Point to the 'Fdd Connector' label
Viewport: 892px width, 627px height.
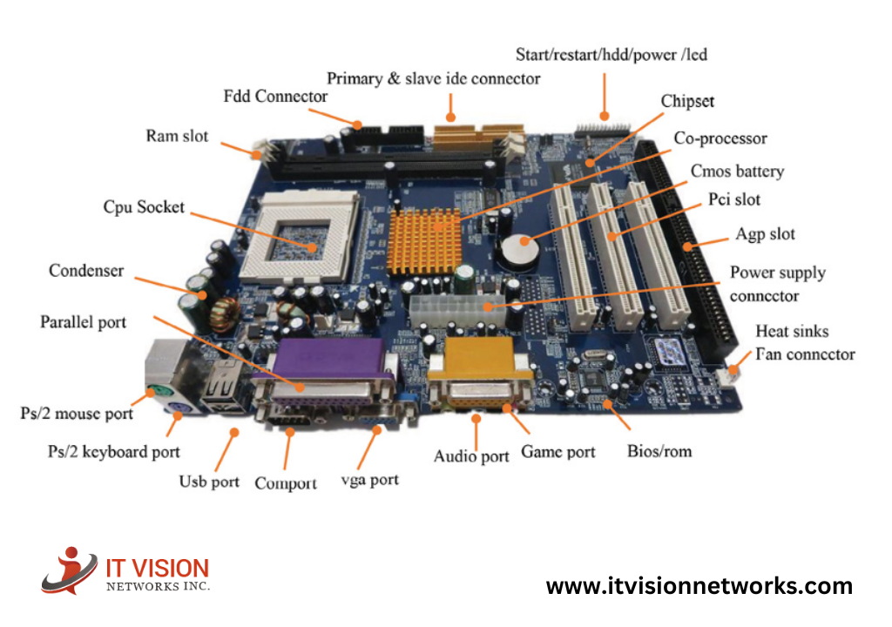[275, 96]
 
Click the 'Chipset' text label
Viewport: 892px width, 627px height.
[687, 101]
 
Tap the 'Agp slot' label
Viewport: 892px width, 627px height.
[765, 233]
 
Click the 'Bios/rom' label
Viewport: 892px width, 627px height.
[659, 451]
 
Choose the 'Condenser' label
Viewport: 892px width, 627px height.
[86, 270]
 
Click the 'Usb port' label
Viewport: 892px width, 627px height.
[209, 481]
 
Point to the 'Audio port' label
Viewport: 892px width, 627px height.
[471, 455]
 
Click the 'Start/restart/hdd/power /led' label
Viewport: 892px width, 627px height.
[612, 54]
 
